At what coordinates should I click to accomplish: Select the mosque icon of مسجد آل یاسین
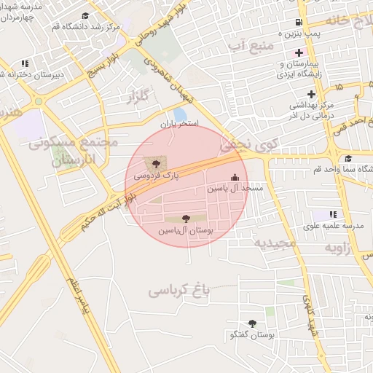(235, 177)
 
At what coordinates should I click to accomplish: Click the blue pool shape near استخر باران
(179, 114)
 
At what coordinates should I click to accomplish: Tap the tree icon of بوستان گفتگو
(253, 323)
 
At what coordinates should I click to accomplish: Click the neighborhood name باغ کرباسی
(179, 291)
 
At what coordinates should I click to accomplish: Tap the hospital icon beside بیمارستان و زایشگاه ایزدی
(298, 53)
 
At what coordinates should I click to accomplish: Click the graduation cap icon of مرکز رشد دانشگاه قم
(85, 15)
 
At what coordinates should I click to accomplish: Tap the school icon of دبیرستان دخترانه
(25, 63)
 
